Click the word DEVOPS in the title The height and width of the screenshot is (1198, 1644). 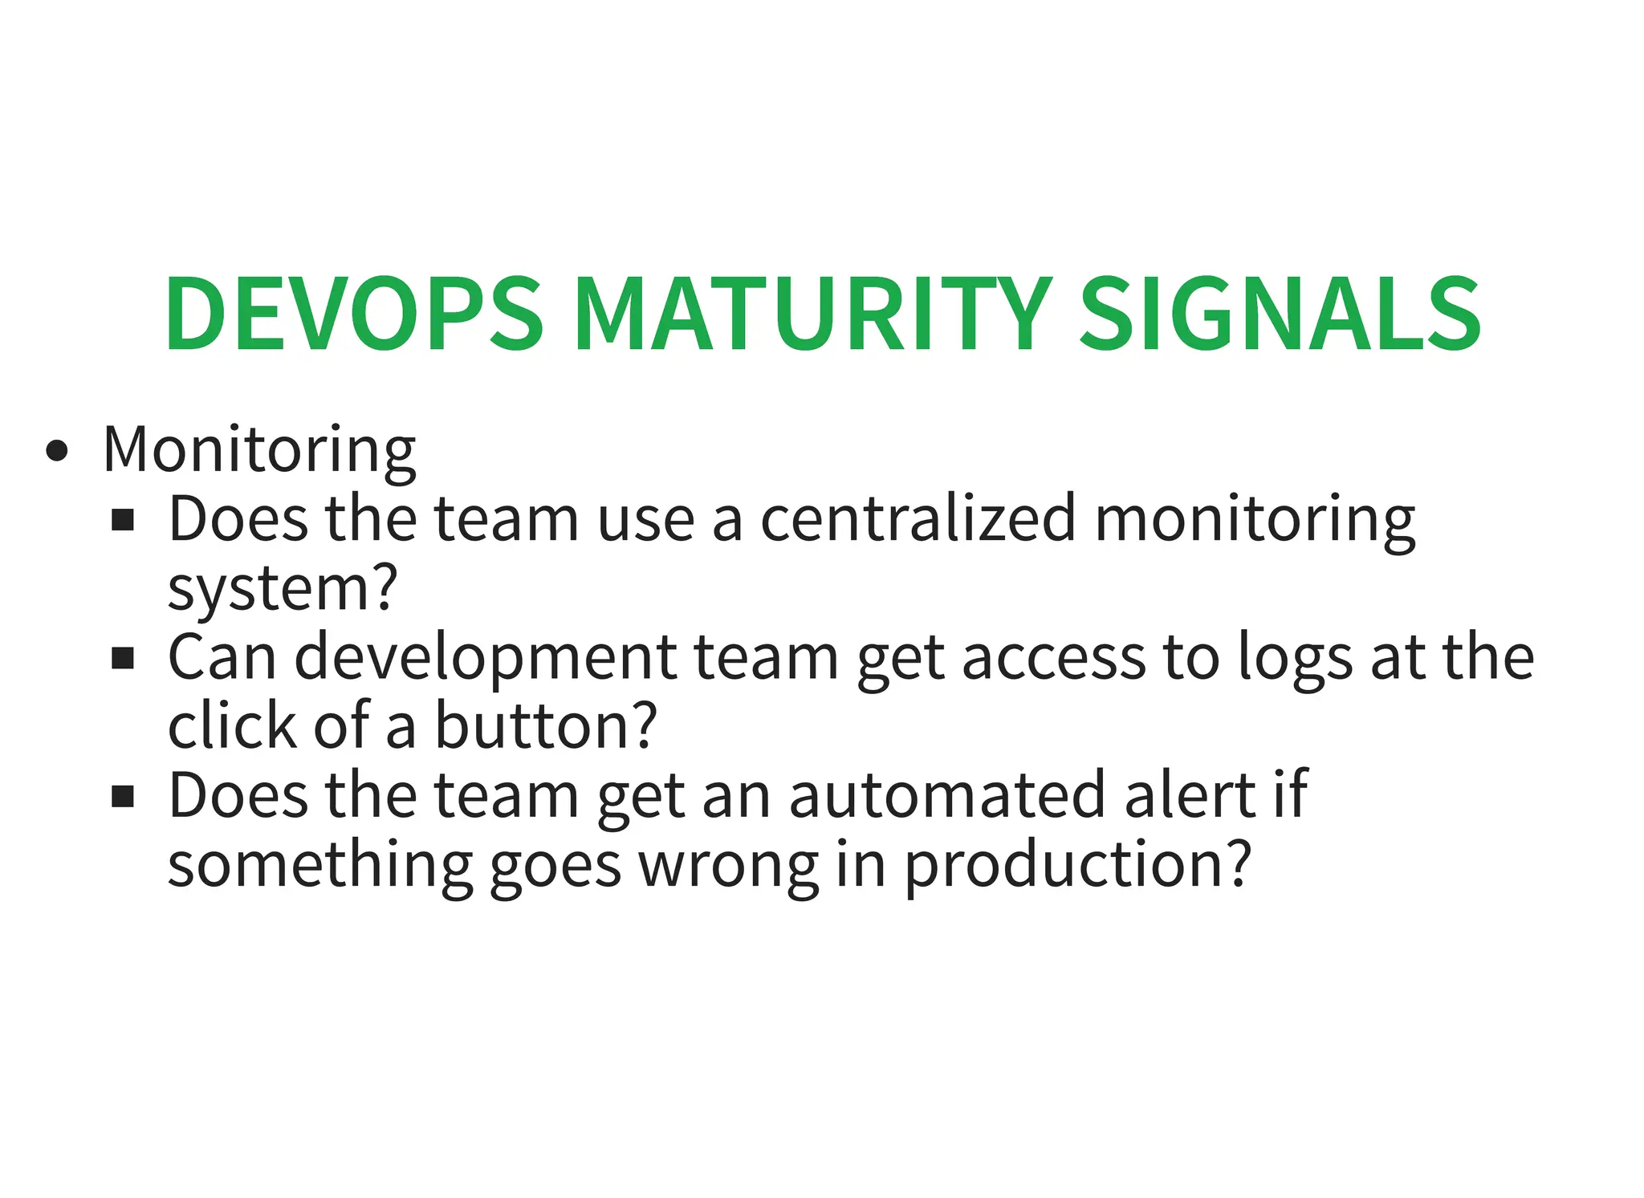354,315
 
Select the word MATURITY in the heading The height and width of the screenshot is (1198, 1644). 812,315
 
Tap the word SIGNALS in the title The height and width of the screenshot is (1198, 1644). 1280,315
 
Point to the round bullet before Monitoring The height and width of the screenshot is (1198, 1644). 57,452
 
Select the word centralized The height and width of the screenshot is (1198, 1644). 918,519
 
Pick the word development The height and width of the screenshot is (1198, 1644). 486,658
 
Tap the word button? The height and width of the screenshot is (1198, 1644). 546,726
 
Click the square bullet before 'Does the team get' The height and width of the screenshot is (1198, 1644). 123,798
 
